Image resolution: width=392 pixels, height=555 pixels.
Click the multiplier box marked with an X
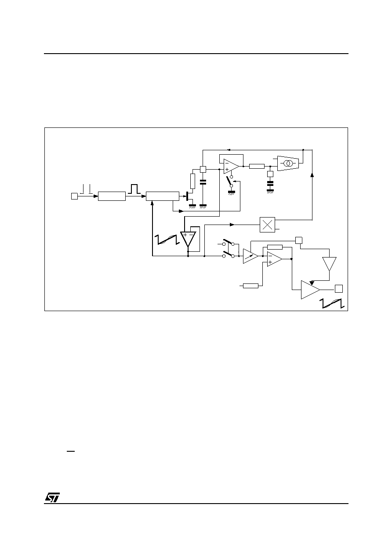coord(267,225)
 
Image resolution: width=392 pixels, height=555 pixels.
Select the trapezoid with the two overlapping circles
coord(288,163)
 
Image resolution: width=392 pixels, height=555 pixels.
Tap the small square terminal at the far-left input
coord(74,196)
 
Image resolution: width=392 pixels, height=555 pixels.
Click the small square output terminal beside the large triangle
coord(339,289)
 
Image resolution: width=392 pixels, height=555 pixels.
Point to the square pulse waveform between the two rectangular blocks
coord(134,189)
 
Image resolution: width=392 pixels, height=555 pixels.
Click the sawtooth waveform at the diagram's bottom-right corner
coord(332,304)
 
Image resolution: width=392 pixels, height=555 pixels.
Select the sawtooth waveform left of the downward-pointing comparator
coord(167,239)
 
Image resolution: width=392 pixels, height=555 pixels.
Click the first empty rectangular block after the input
coord(112,196)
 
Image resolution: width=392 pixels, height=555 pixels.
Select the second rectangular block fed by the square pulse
coord(163,196)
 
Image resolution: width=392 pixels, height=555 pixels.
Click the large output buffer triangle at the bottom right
coord(310,290)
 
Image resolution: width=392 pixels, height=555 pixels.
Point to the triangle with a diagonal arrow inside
coord(250,256)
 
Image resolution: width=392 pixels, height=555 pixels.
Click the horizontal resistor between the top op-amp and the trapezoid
coord(257,166)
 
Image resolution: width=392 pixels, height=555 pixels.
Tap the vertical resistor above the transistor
coord(192,181)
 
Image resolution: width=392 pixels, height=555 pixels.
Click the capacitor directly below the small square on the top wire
coord(203,183)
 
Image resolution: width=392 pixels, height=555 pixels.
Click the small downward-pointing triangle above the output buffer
coord(329,264)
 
